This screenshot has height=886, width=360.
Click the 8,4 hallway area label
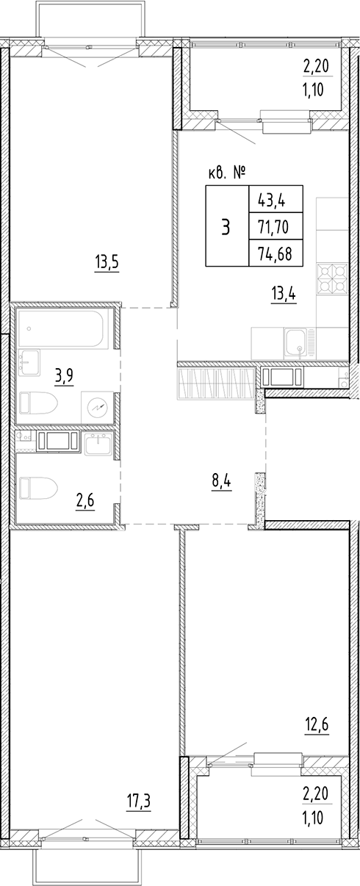pos(220,483)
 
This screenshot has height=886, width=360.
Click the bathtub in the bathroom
pos(63,328)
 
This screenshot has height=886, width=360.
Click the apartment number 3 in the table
pos(226,227)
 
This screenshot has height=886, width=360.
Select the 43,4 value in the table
pos(267,199)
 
